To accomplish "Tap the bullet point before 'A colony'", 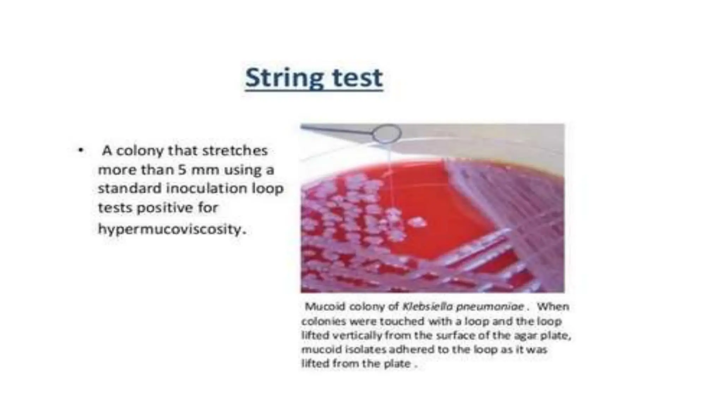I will [81, 151].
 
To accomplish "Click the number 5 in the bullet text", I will [182, 170].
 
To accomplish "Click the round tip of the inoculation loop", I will [387, 134].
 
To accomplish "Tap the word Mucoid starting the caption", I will [325, 306].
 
